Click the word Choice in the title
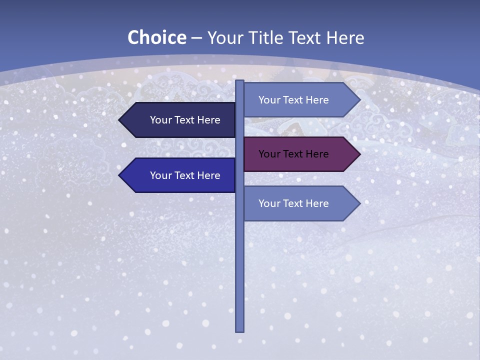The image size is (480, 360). point(156,38)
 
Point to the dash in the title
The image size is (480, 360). point(196,38)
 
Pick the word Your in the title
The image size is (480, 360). point(225,38)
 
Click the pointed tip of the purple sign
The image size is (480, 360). point(359,154)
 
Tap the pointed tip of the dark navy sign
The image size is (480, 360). point(119,120)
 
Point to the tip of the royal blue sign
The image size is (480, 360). point(119,175)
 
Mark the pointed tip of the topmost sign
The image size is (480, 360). point(359,100)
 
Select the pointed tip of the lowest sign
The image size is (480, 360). point(359,203)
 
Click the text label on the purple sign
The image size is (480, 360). point(293,154)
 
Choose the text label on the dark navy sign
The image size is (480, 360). point(185,120)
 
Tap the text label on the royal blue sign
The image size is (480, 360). point(185,175)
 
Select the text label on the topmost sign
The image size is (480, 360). point(293,100)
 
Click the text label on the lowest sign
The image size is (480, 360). point(293,203)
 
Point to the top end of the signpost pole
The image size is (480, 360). point(239,81)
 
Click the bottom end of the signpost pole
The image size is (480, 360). point(239,330)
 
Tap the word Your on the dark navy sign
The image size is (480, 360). point(160,120)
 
